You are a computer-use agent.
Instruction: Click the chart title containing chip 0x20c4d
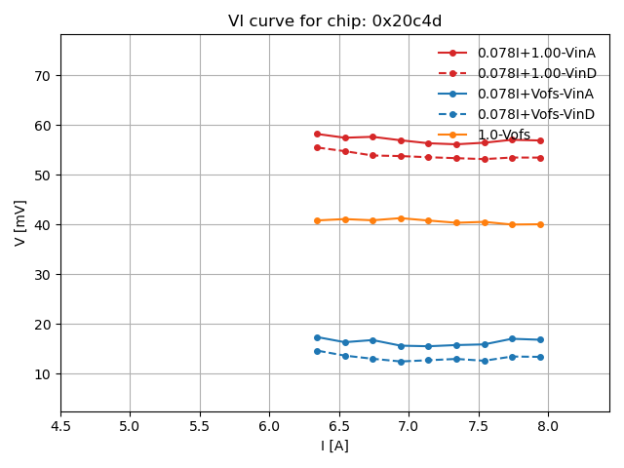(334, 21)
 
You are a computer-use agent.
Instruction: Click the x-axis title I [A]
(334, 446)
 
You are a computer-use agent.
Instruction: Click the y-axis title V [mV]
(20, 222)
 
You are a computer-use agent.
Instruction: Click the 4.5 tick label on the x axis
(60, 426)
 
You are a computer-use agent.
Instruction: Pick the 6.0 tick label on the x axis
(269, 426)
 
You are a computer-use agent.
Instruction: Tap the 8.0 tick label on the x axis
(548, 426)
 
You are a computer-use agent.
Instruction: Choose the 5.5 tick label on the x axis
(200, 426)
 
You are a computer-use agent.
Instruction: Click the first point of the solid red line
(317, 134)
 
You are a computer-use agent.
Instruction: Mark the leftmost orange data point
(317, 220)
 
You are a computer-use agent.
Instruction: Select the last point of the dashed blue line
(540, 357)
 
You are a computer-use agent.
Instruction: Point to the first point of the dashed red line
(317, 147)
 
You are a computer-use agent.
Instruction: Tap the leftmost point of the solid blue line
(317, 337)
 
